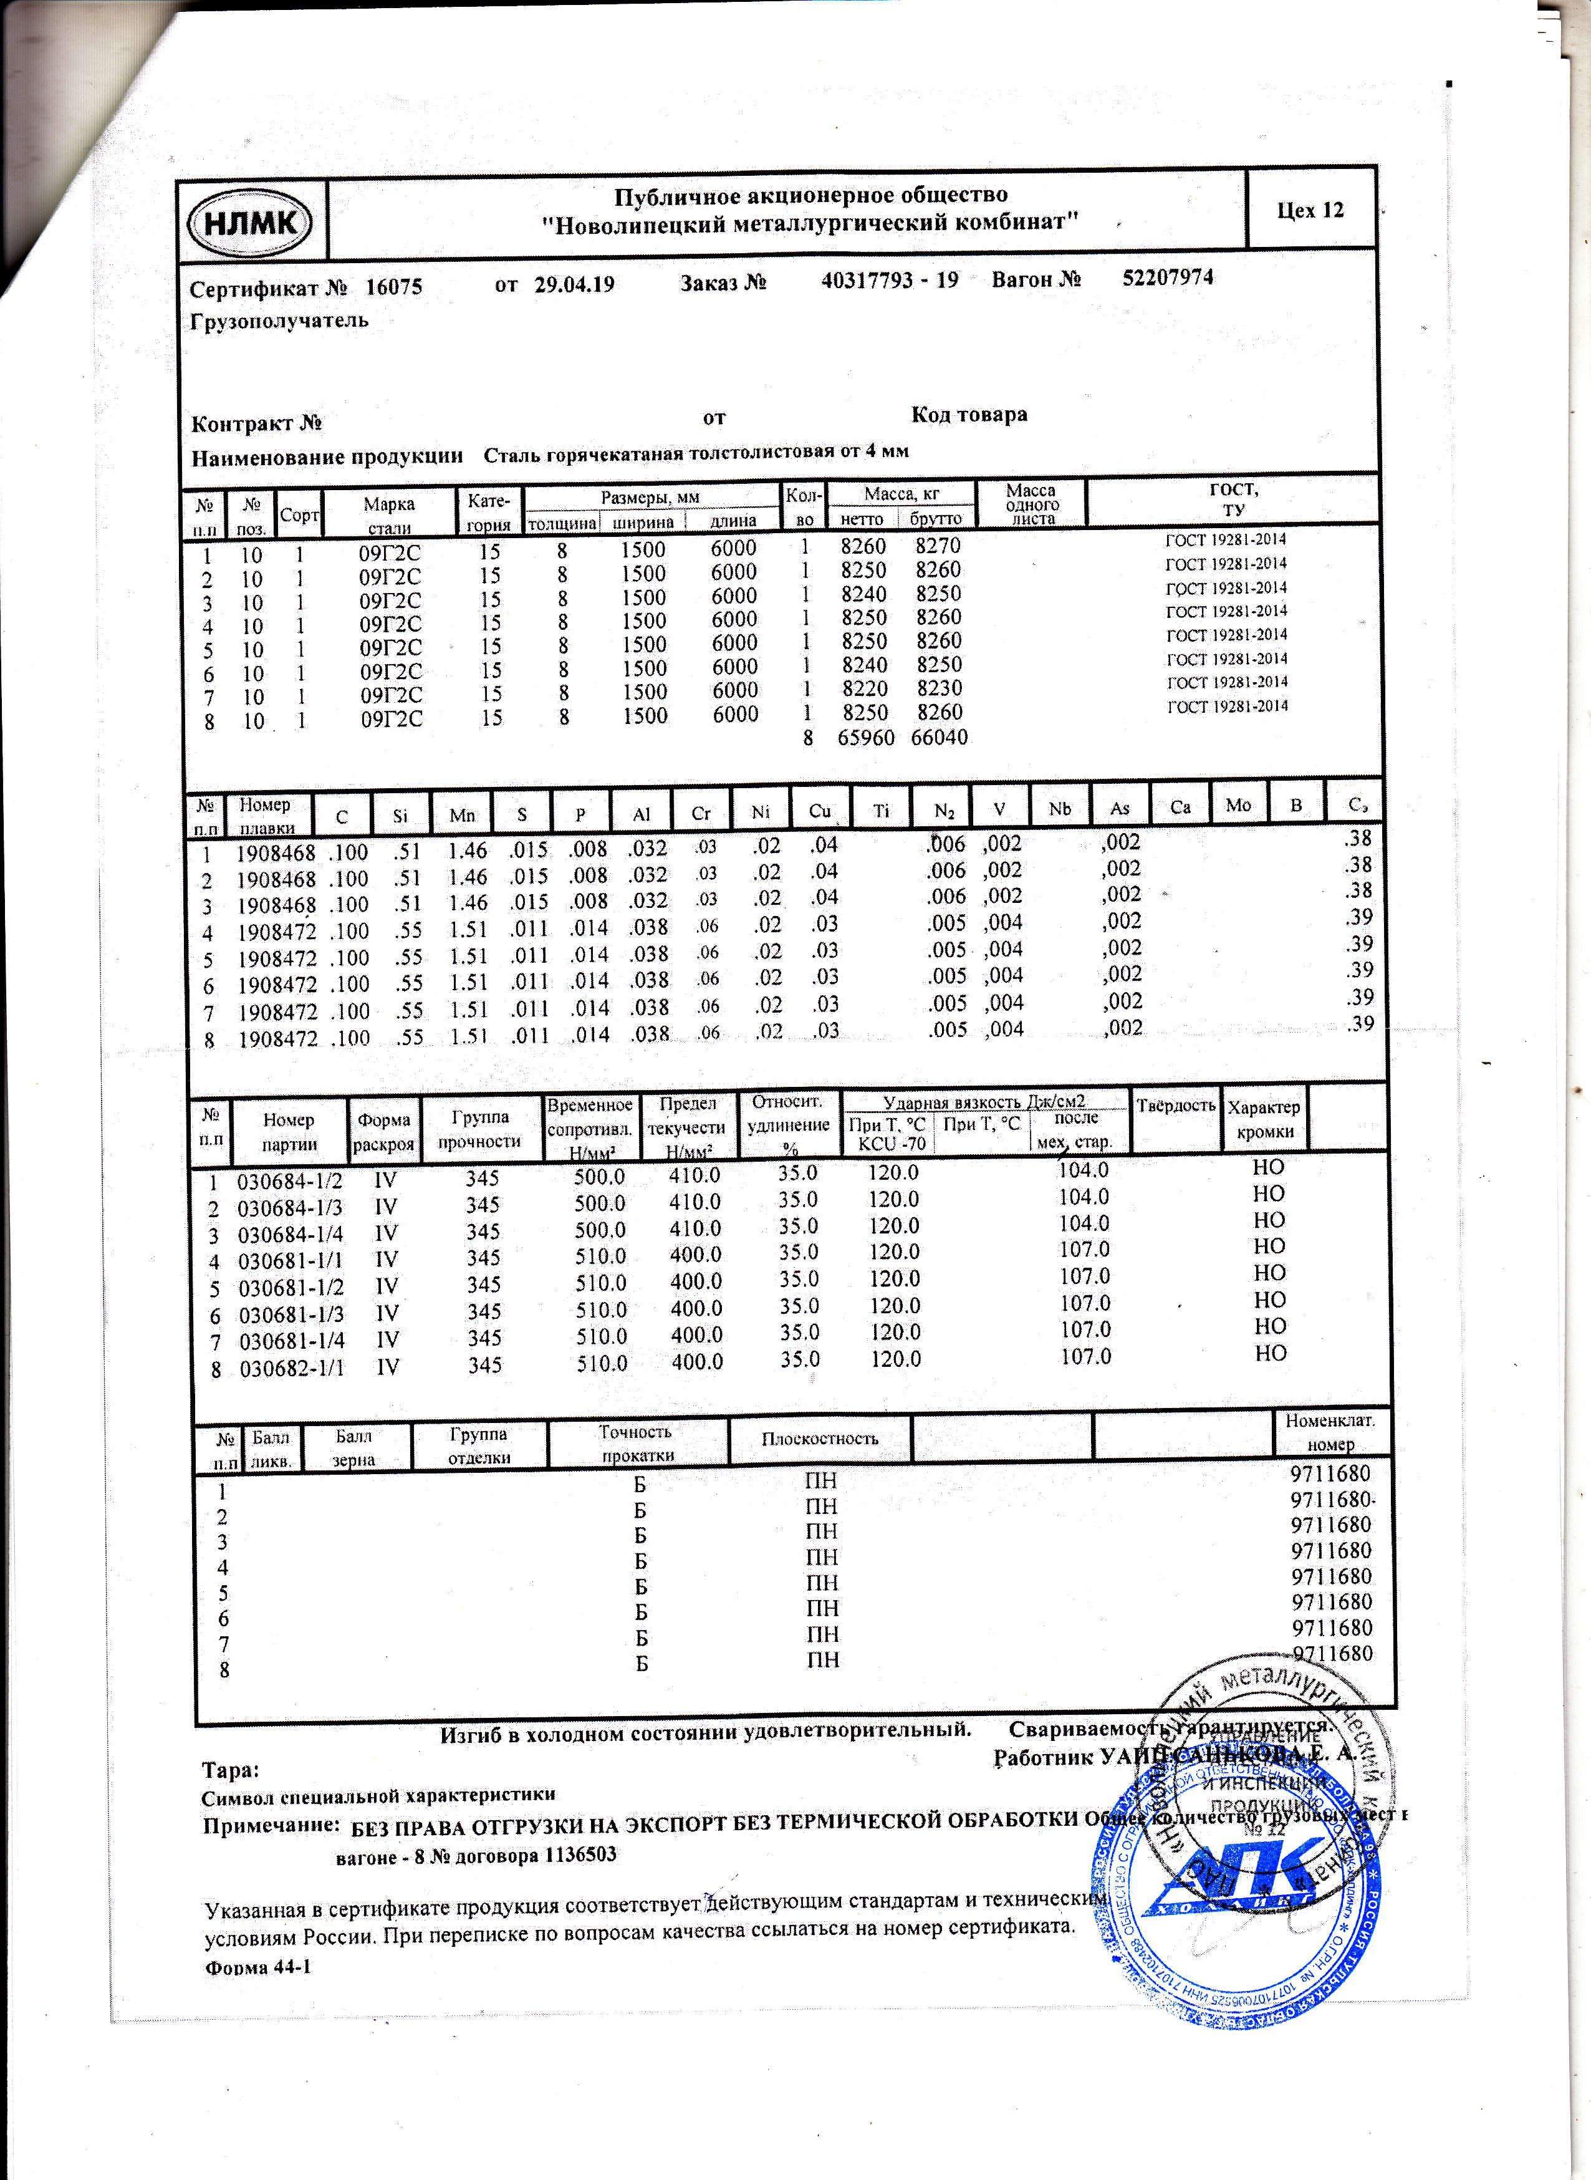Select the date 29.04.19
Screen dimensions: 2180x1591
[x=574, y=285]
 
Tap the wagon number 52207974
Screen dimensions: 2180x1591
[x=1167, y=278]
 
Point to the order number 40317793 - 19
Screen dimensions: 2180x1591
[x=889, y=281]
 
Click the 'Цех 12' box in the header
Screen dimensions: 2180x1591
[x=1310, y=211]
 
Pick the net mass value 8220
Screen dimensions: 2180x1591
[x=863, y=689]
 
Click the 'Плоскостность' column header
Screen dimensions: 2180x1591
[x=820, y=1438]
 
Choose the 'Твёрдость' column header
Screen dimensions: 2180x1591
[x=1175, y=1105]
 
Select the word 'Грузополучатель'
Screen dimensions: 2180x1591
[x=279, y=321]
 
